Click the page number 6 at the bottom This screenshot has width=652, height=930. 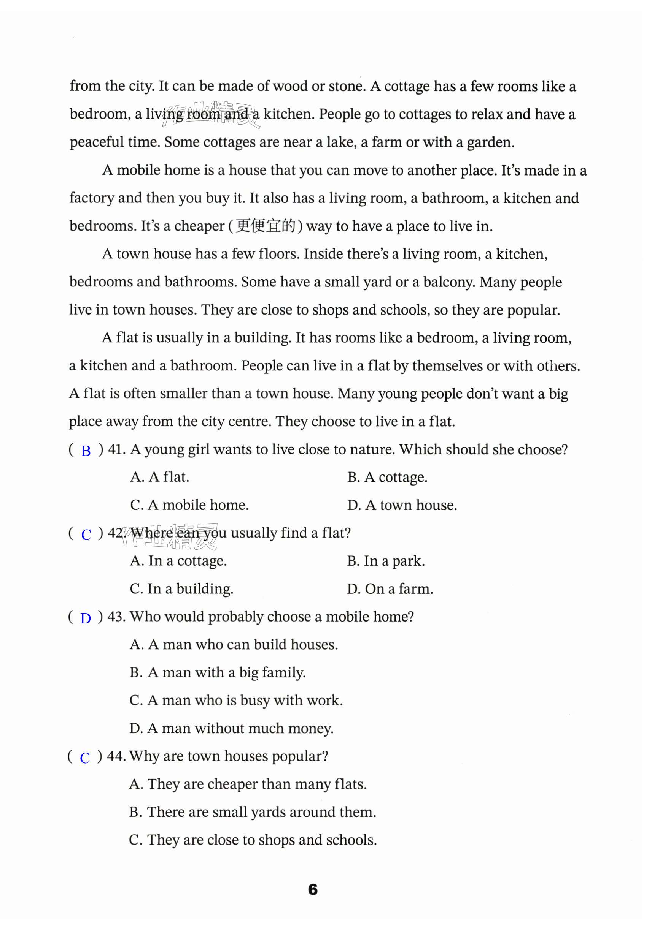pos(313,889)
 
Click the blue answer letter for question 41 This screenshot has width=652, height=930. pos(86,451)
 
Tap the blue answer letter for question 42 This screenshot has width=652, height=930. pos(86,535)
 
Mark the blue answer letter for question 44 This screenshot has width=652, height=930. pos(85,758)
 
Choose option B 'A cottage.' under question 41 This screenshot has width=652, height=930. pos(387,478)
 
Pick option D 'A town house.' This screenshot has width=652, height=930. pos(402,505)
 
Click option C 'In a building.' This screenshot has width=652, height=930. pos(182,589)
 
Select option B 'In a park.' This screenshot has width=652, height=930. pos(386,561)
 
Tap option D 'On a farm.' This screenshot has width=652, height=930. pos(390,589)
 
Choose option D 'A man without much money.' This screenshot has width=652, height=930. pos(232,728)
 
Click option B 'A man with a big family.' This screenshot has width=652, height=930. pos(217,672)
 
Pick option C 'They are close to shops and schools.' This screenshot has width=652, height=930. pos(253,840)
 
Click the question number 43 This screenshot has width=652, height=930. pos(116,617)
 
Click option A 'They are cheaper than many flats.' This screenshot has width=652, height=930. pos(248,784)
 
